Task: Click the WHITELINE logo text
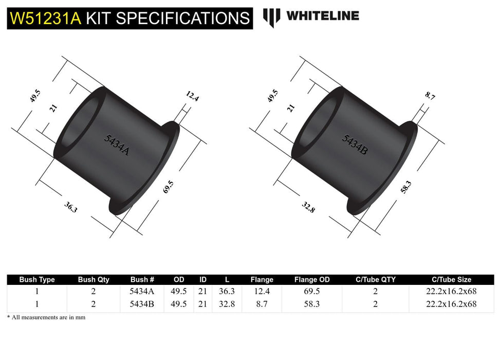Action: point(322,16)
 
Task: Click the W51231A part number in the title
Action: point(46,19)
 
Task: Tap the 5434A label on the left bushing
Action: point(116,145)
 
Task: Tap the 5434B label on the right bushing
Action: point(355,145)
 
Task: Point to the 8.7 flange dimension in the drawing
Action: point(430,96)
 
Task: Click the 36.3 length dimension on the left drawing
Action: point(71,208)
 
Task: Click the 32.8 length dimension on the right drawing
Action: point(309,208)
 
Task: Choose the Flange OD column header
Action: point(312,280)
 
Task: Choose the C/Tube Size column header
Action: point(451,280)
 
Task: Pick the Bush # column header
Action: point(142,280)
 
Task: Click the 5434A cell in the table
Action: point(142,292)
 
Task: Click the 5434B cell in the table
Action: point(142,304)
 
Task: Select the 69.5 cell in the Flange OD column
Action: point(312,292)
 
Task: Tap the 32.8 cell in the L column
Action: point(227,304)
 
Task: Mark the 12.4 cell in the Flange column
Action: point(262,292)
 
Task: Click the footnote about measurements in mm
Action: point(46,317)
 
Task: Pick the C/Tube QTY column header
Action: point(376,280)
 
